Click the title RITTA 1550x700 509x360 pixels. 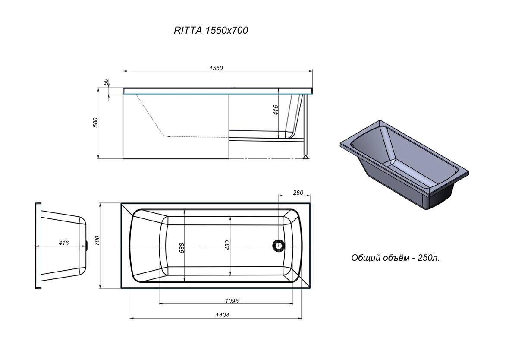[211, 30]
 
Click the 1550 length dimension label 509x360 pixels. [216, 68]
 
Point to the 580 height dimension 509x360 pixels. [95, 123]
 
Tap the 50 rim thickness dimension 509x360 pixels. [106, 82]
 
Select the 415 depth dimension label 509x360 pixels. [276, 110]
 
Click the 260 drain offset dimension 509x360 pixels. [298, 193]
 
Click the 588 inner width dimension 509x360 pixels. [182, 248]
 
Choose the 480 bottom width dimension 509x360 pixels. [227, 245]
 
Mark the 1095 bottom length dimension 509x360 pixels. [232, 301]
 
